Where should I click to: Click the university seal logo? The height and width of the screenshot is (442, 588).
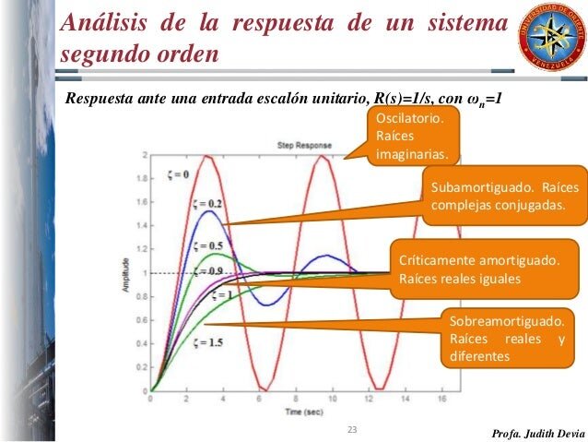coord(550,34)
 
